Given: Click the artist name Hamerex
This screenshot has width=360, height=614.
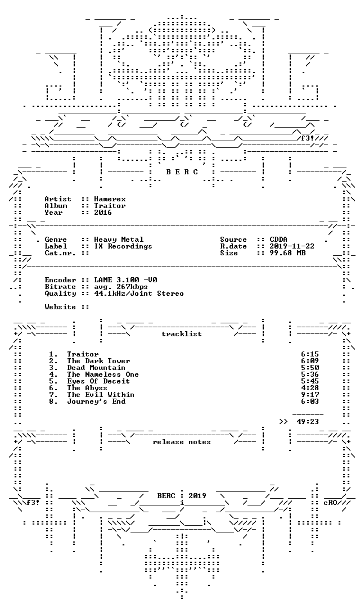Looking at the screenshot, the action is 110,199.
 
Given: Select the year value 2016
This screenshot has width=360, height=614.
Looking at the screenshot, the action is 102,213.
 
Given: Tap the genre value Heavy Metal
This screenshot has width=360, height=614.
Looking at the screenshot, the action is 119,240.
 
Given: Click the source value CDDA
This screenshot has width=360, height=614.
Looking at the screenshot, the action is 278,240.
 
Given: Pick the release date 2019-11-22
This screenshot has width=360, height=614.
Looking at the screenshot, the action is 292,246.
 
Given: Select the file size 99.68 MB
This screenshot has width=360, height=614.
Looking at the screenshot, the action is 287,253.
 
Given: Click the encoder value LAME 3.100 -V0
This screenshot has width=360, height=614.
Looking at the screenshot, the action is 126,280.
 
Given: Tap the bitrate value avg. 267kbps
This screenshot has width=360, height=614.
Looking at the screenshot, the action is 121,287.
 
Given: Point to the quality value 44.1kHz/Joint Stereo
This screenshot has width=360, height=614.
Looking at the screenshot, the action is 139,294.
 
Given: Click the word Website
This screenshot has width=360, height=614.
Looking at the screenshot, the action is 60,307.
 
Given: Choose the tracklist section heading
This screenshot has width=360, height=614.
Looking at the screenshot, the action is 182,334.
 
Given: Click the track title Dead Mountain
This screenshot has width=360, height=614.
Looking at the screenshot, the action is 96,368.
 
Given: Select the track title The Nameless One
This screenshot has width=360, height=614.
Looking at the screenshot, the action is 102,374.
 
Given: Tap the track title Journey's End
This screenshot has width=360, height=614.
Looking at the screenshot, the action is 96,401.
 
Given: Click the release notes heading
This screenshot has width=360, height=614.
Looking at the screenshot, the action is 182,442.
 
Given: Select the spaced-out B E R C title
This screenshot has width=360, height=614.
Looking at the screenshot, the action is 182,172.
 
